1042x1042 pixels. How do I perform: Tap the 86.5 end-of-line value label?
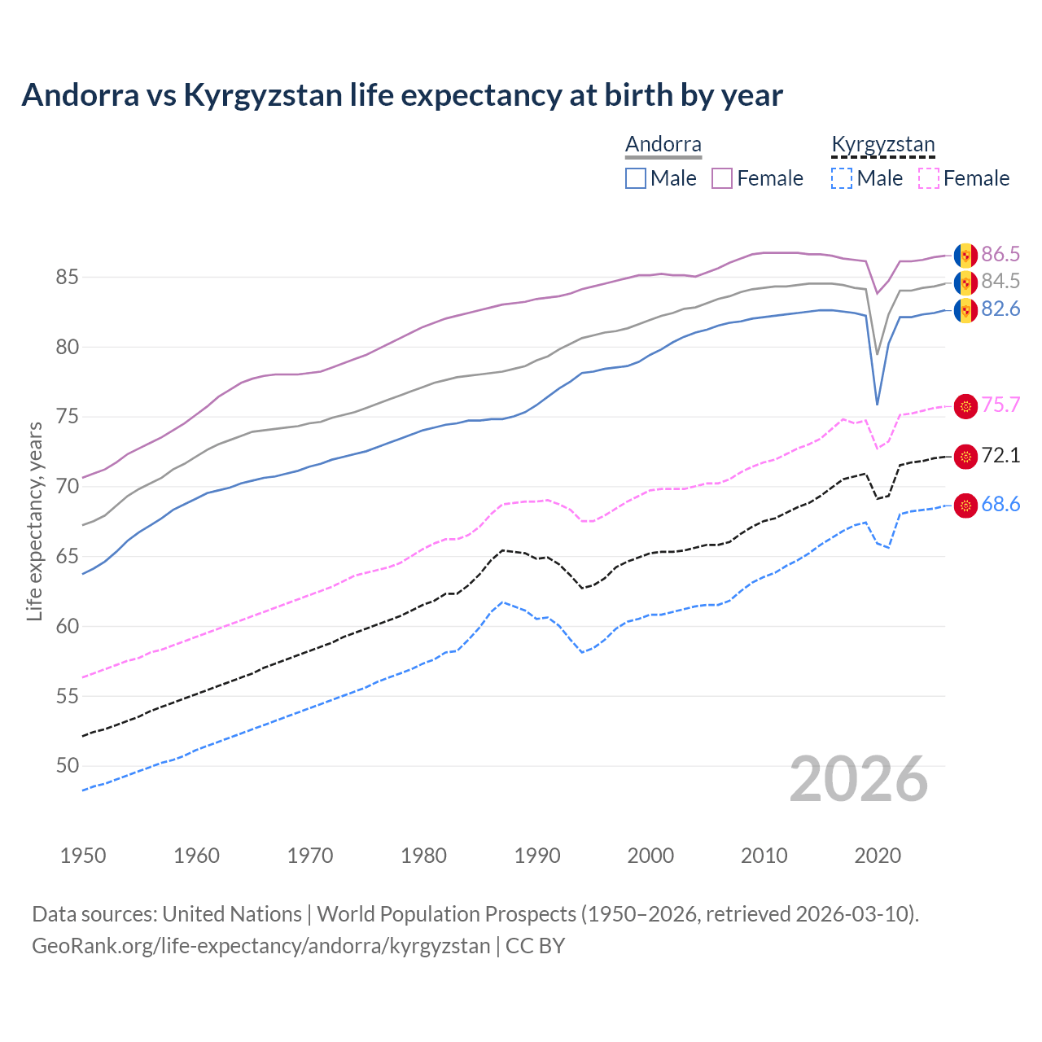pyautogui.click(x=1000, y=254)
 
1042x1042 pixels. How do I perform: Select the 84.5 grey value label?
pyautogui.click(x=1000, y=281)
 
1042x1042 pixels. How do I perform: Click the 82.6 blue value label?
pyautogui.click(x=1000, y=309)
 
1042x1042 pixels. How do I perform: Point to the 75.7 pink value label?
pyautogui.click(x=1000, y=405)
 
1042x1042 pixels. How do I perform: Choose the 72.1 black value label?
pyautogui.click(x=1000, y=455)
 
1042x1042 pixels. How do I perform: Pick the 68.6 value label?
pyautogui.click(x=1000, y=504)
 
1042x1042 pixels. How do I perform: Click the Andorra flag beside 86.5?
pyautogui.click(x=965, y=255)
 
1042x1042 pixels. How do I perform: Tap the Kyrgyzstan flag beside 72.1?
pyautogui.click(x=965, y=457)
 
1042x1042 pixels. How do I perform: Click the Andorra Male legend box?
pyautogui.click(x=636, y=178)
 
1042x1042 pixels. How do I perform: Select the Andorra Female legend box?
pyautogui.click(x=722, y=178)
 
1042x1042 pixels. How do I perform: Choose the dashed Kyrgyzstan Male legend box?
pyautogui.click(x=842, y=178)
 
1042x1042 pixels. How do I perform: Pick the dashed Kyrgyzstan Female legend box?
pyautogui.click(x=929, y=178)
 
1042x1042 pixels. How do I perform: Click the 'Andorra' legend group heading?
pyautogui.click(x=663, y=144)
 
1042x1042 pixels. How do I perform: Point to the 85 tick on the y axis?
pyautogui.click(x=67, y=278)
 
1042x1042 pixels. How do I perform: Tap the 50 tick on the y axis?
pyautogui.click(x=67, y=765)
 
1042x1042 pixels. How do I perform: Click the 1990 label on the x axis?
pyautogui.click(x=537, y=856)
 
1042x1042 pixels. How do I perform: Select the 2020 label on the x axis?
pyautogui.click(x=878, y=856)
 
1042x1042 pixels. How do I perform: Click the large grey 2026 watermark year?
pyautogui.click(x=859, y=779)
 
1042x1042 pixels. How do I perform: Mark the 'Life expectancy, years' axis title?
pyautogui.click(x=34, y=521)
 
